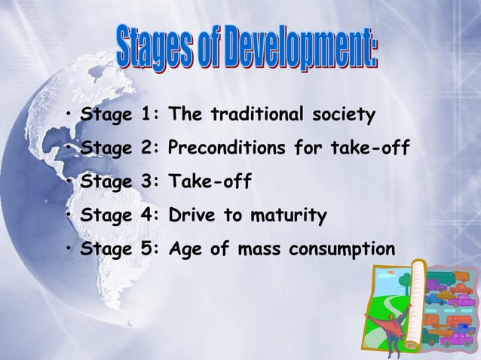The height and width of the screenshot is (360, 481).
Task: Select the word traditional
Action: point(254,116)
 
